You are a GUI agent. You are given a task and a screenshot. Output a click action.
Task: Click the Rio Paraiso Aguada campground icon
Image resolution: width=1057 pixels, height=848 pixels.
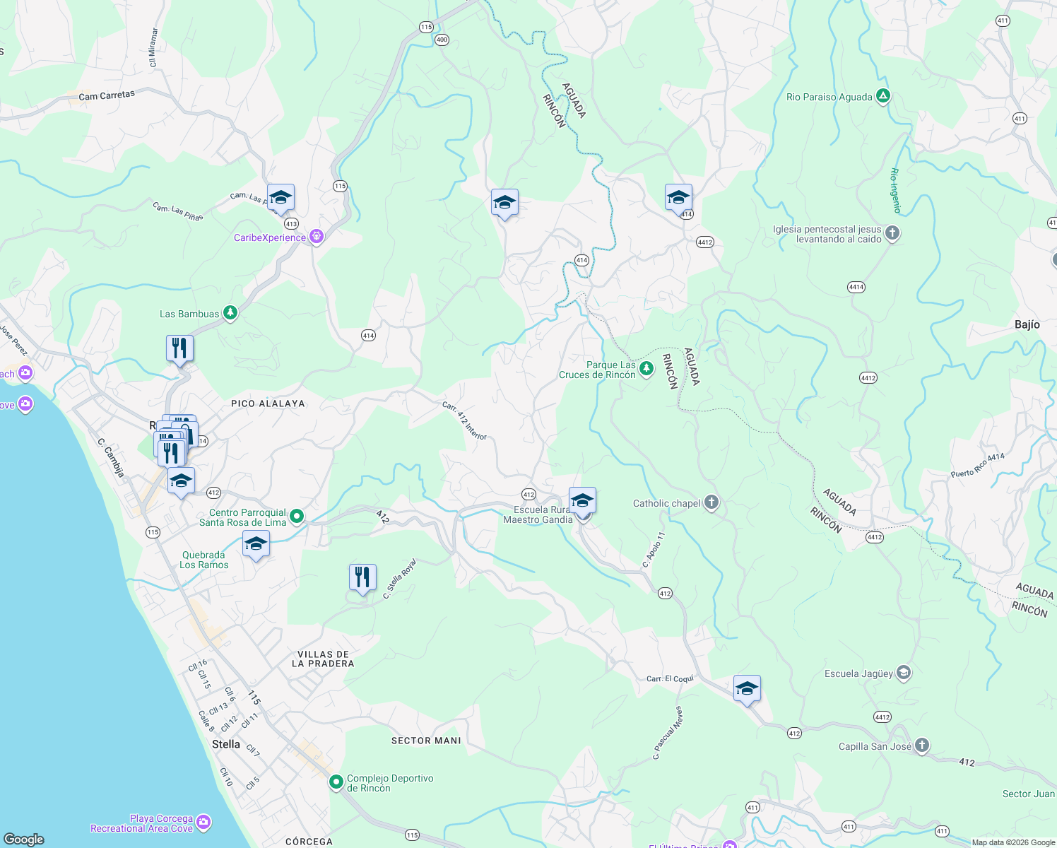(x=882, y=96)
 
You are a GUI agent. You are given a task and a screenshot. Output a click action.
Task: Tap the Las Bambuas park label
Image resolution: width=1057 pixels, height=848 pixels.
(x=189, y=314)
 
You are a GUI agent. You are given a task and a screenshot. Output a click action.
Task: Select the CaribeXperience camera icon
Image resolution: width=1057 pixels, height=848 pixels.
(x=317, y=237)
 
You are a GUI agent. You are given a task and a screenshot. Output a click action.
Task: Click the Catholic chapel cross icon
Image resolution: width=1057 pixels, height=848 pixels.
(x=711, y=502)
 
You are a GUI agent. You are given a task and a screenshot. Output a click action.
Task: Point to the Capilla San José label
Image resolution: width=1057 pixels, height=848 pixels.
(x=875, y=746)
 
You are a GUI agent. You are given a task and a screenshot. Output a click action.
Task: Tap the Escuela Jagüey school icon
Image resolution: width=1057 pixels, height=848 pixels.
(x=904, y=673)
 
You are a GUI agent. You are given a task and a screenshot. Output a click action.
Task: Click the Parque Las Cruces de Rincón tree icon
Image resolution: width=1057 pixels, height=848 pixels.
(x=646, y=368)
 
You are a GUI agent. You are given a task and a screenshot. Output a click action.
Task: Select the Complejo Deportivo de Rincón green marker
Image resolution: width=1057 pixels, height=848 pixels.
(x=336, y=782)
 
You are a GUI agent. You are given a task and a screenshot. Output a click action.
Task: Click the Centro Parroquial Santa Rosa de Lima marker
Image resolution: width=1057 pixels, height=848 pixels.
(x=297, y=517)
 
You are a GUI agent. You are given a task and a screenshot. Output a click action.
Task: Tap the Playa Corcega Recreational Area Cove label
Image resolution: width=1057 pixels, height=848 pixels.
(x=142, y=823)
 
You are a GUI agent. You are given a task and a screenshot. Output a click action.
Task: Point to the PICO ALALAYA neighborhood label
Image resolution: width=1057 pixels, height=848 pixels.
(x=268, y=404)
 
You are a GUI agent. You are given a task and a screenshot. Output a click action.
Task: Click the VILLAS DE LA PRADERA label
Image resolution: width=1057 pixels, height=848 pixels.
(x=323, y=659)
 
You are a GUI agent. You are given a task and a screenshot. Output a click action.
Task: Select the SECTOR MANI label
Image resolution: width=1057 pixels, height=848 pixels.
(x=426, y=741)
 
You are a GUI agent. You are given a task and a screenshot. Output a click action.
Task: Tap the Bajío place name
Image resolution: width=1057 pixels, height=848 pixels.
(x=1027, y=324)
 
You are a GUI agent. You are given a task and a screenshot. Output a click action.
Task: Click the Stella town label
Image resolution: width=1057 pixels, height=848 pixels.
(x=226, y=744)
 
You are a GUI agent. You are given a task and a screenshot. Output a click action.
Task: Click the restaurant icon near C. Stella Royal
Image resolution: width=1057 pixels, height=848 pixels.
(x=362, y=577)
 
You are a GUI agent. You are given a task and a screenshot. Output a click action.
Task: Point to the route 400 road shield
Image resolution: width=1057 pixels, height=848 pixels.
(x=442, y=40)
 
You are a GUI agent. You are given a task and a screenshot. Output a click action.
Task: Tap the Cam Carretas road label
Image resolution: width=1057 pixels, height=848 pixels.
(x=107, y=95)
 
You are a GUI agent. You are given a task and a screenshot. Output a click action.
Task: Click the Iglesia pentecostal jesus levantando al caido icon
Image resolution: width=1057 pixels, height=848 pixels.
(x=892, y=232)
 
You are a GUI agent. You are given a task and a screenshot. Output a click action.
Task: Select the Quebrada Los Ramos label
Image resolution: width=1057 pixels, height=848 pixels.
(x=203, y=560)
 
